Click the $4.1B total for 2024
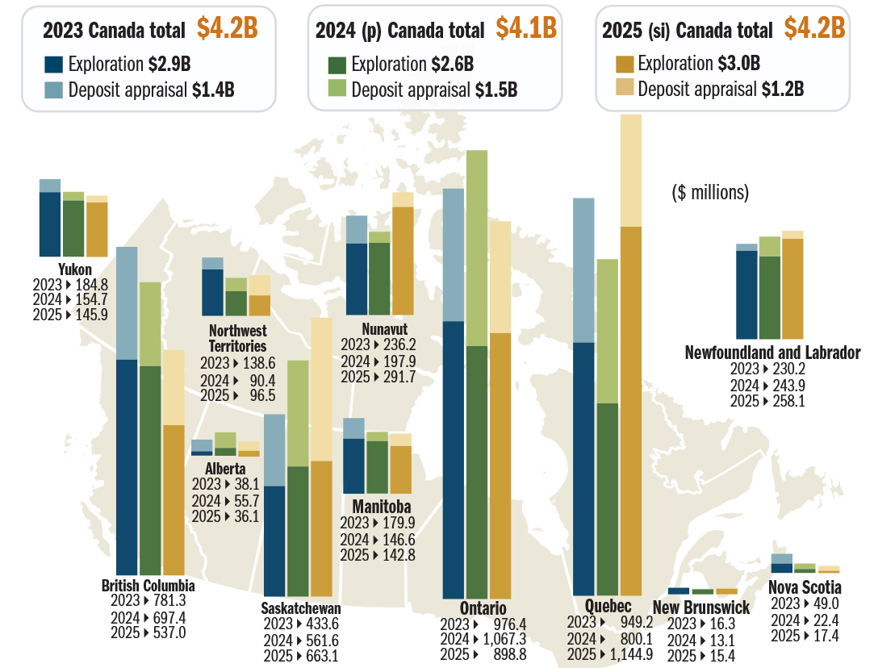click(526, 28)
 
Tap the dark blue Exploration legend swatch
click(54, 65)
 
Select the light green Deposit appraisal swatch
click(337, 89)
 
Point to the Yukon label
click(74, 269)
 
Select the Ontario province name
click(483, 608)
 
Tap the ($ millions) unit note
click(710, 193)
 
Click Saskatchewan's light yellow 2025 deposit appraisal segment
click(321, 389)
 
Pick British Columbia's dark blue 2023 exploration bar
click(127, 466)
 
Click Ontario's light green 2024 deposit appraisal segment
click(476, 248)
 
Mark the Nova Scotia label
click(805, 587)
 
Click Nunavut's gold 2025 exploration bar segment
click(402, 261)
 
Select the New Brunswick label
click(700, 607)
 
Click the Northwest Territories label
click(237, 338)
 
